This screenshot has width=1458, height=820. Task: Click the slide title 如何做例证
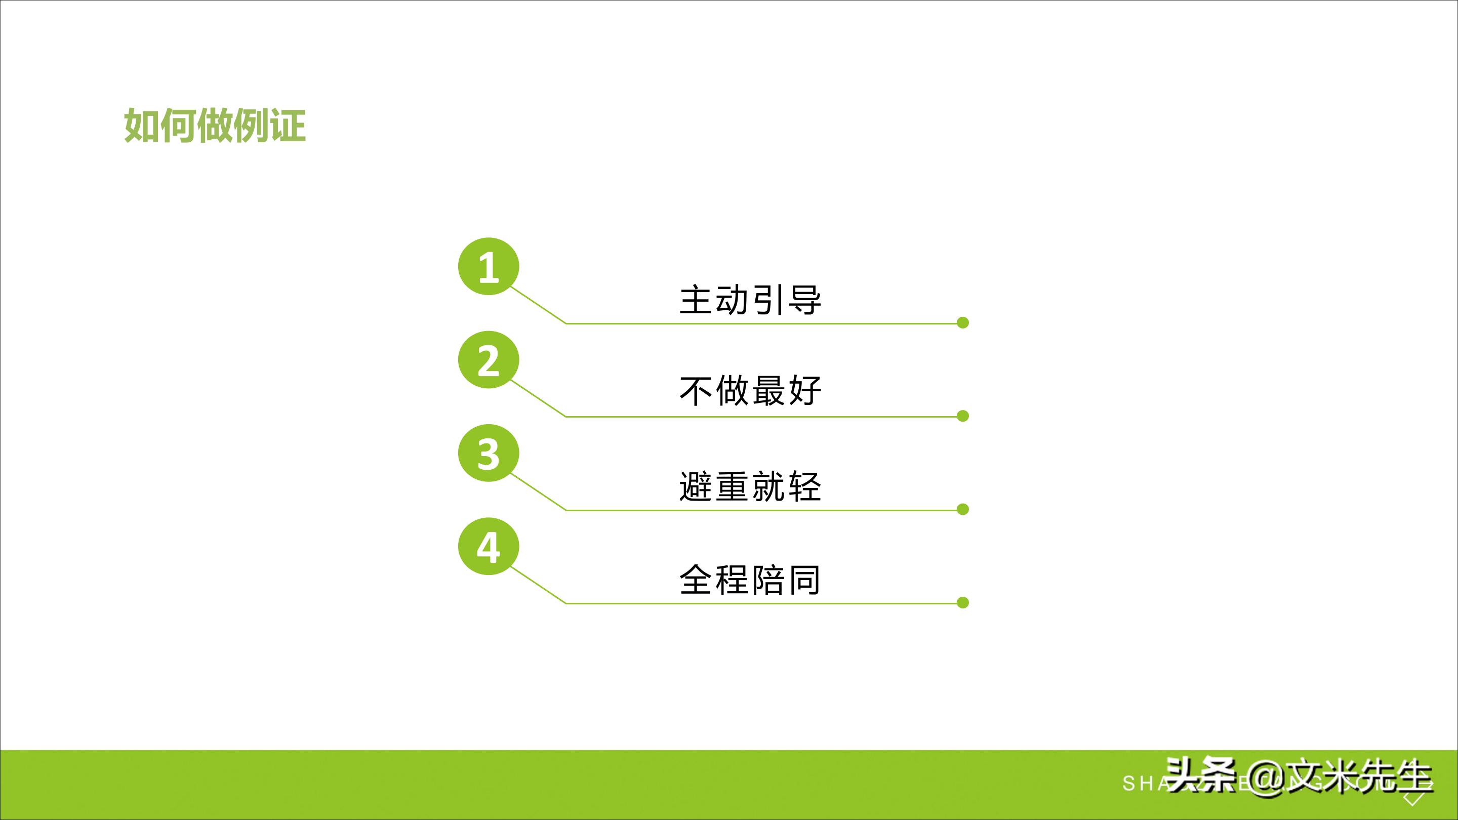pos(215,125)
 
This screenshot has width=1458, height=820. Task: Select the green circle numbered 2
pos(489,360)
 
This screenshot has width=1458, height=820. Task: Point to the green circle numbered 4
pos(489,547)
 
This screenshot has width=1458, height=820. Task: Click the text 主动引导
pos(750,300)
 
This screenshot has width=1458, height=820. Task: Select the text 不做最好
pos(750,391)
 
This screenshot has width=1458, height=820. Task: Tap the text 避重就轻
pos(750,486)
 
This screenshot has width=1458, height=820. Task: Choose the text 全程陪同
pos(750,580)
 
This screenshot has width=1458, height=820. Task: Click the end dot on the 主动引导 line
pos(963,322)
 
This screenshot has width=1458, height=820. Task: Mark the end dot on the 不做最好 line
pos(963,416)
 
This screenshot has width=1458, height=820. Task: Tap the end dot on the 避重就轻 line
pos(963,509)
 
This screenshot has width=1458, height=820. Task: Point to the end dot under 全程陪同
pos(963,603)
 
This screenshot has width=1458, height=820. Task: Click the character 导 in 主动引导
pos(804,300)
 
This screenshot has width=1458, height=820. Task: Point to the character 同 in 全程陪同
pos(804,580)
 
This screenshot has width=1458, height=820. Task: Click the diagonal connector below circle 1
pos(538,305)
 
